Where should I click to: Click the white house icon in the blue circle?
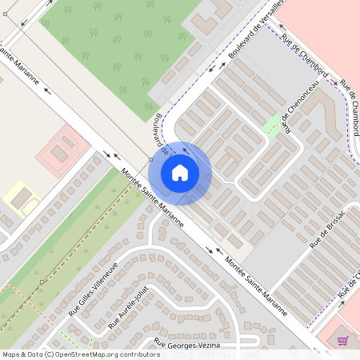pyautogui.click(x=180, y=172)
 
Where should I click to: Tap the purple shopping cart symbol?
pyautogui.click(x=342, y=341)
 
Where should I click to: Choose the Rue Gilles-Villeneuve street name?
pyautogui.click(x=94, y=289)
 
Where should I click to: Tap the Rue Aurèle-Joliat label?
pyautogui.click(x=128, y=310)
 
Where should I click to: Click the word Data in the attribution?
pyautogui.click(x=35, y=354)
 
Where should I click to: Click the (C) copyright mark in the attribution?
pyautogui.click(x=50, y=354)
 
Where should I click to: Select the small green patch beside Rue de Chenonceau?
pyautogui.click(x=273, y=125)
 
